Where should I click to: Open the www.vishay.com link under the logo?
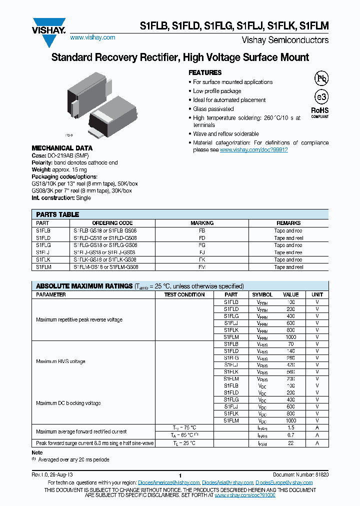coord(92,37)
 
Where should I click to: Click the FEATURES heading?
coord(205,72)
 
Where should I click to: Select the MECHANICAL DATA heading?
coord(62,148)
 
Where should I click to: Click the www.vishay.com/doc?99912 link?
coord(253,150)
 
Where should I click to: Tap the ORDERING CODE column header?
coord(112,223)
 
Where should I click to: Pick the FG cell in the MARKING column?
coord(202,245)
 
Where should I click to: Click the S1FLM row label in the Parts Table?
coord(43,267)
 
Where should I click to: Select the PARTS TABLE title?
coord(57,214)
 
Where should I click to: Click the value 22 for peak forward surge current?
coord(290,443)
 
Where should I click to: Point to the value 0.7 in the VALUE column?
coord(290,435)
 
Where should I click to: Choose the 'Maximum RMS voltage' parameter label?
coord(60,361)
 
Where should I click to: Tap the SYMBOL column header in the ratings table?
coord(262,295)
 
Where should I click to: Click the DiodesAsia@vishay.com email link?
coord(227,482)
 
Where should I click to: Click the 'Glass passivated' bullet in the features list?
coord(213,109)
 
